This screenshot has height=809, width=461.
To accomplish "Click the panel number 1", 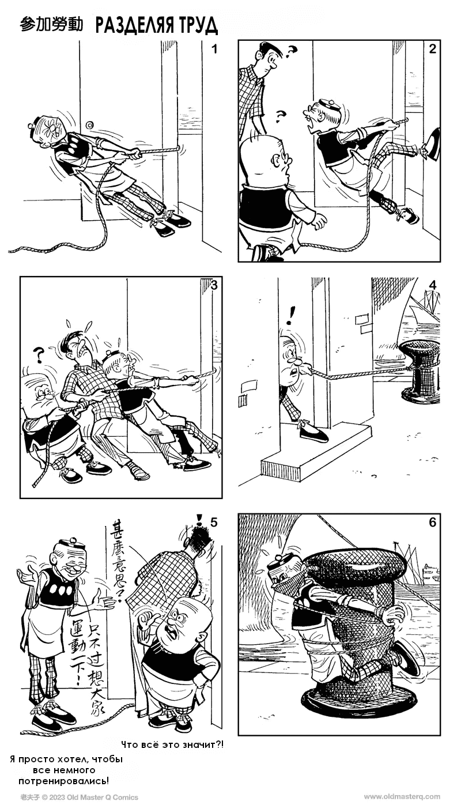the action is coord(214,48).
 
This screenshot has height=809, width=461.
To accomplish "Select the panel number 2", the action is coord(432,48).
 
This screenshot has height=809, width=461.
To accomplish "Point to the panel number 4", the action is coord(432,285).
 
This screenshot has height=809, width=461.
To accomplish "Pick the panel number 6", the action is coord(432,522).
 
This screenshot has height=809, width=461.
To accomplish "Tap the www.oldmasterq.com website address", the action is coord(402,796).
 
